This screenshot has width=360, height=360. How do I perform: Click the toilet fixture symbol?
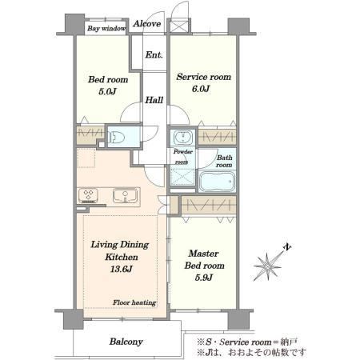(117, 137)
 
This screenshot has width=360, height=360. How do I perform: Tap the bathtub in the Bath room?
(218, 182)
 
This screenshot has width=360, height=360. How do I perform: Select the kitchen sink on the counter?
(126, 196)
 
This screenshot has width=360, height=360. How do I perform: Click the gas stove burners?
(88, 195)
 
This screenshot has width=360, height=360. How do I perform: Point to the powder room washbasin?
(183, 138)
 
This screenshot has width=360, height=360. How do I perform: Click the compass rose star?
(267, 266)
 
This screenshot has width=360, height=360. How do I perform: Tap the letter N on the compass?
(287, 247)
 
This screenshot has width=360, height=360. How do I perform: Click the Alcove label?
(147, 24)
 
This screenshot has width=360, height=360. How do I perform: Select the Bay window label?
(106, 28)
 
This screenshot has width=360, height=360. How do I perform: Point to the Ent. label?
(154, 55)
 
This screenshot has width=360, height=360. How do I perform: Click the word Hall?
(154, 100)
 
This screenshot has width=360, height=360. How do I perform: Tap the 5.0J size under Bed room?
(107, 91)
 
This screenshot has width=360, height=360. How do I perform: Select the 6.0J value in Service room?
(201, 89)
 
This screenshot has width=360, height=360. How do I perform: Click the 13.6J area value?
(122, 269)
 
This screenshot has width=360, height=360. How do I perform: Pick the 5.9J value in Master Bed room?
(204, 278)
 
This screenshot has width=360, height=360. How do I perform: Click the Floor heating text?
(134, 302)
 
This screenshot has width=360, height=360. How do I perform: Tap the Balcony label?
(126, 342)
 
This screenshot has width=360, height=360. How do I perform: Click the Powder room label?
(182, 157)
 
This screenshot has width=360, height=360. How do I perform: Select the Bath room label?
(224, 162)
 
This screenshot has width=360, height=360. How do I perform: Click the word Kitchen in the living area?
(122, 257)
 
